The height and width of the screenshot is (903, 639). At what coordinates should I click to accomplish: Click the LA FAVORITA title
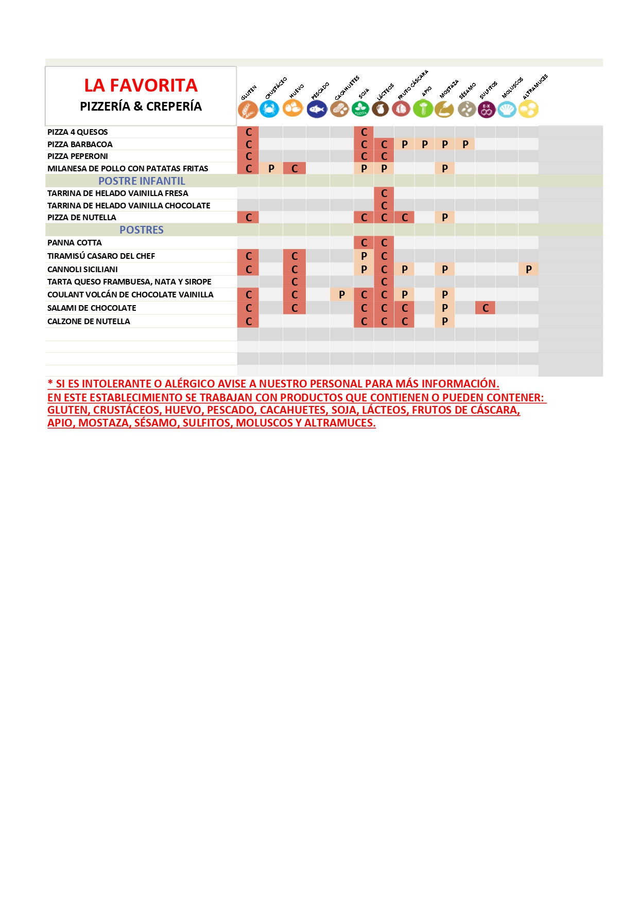(x=141, y=85)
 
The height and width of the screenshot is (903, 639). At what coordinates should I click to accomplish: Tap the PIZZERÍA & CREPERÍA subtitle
(x=141, y=107)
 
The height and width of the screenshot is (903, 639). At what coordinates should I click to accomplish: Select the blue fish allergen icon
(x=317, y=109)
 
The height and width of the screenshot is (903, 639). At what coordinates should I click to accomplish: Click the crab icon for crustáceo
(x=269, y=109)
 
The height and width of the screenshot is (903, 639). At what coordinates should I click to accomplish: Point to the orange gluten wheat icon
(x=248, y=110)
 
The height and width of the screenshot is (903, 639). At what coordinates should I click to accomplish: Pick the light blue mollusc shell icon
(x=507, y=109)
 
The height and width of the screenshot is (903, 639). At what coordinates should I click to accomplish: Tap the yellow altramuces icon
(x=528, y=109)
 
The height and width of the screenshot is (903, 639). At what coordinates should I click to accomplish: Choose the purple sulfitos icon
(x=486, y=109)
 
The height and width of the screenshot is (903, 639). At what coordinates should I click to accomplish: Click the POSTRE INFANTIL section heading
(x=142, y=181)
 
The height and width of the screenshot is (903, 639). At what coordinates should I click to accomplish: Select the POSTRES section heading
(x=142, y=230)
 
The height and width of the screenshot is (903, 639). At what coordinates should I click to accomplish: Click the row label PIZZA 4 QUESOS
(x=78, y=132)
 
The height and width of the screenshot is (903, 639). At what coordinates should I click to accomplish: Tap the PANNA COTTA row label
(x=75, y=243)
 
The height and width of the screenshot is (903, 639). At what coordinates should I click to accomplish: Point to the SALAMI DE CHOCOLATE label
(x=92, y=308)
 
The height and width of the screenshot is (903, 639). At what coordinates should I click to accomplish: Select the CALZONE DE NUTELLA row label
(x=89, y=322)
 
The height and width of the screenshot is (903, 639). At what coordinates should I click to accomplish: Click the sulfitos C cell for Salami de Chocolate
(x=486, y=308)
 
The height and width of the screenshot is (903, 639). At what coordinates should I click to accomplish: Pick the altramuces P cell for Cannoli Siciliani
(x=528, y=269)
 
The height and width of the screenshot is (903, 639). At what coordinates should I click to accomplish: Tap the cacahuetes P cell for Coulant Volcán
(x=342, y=295)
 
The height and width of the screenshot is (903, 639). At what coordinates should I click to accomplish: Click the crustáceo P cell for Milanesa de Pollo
(x=271, y=168)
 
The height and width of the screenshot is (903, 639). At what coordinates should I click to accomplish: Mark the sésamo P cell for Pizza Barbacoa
(x=465, y=145)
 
